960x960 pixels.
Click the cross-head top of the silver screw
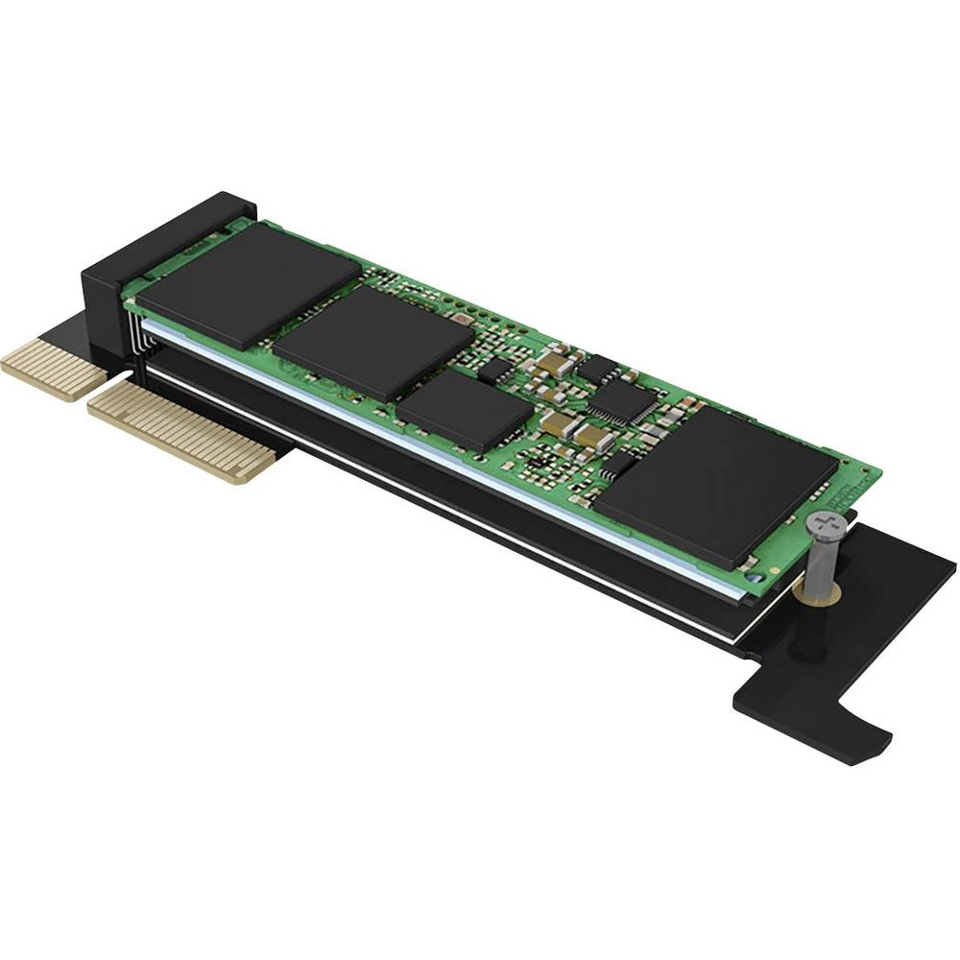824,525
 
